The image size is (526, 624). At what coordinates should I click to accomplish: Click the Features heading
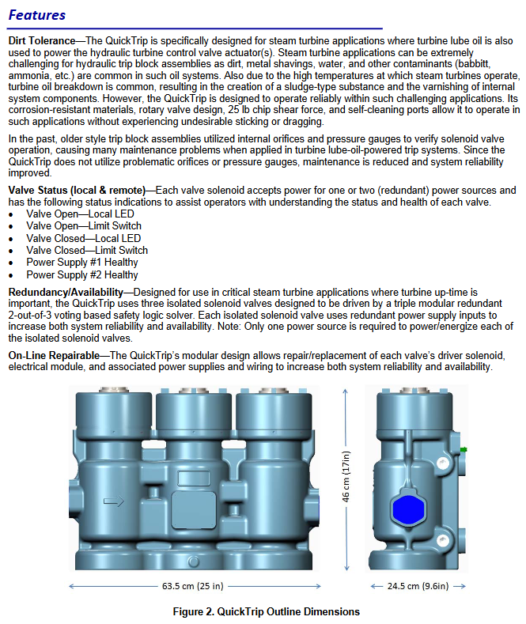coord(36,15)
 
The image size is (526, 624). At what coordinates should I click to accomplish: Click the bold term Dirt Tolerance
coord(42,40)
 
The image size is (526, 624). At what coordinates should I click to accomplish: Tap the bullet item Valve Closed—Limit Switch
coord(86,250)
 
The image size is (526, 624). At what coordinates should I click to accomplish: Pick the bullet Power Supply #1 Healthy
coord(81,262)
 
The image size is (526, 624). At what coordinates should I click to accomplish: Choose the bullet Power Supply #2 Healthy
coord(81,274)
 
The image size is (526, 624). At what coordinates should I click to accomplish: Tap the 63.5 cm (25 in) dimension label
coord(192,586)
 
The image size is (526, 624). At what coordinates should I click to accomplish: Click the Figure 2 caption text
coord(267,611)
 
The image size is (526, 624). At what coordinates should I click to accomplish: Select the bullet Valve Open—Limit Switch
coord(83,225)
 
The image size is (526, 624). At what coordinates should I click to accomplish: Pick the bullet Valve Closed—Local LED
coord(83,238)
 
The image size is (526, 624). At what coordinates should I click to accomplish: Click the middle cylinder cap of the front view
coord(191,411)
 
